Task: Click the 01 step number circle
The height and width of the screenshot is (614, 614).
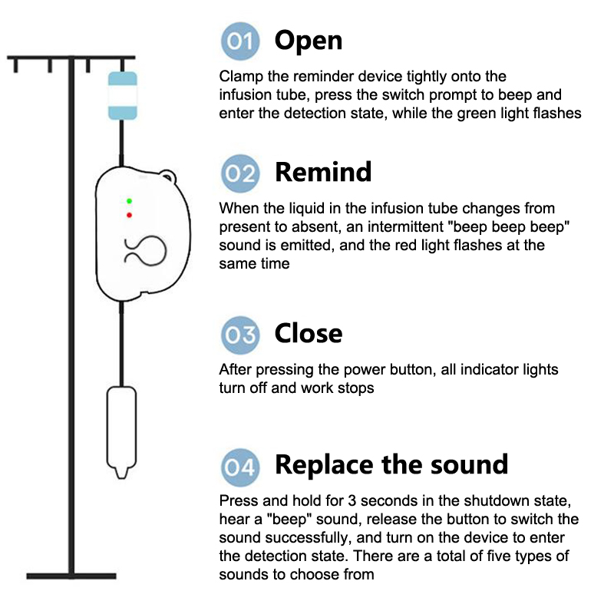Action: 240,41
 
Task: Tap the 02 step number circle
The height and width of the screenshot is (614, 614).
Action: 240,173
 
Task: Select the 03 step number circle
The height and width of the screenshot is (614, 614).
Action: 240,335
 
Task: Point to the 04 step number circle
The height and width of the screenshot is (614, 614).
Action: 240,467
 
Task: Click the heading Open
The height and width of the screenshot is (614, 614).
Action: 309,41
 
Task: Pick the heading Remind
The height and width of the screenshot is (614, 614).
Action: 323,172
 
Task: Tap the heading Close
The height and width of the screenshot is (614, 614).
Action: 309,333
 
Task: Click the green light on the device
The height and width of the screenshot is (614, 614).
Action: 129,201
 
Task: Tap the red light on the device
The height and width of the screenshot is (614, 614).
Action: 129,215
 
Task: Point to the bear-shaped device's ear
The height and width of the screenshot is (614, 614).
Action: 168,177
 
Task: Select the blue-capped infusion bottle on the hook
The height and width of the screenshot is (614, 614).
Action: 123,95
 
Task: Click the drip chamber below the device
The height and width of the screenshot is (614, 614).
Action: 121,432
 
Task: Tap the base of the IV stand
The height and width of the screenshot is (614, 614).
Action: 71,576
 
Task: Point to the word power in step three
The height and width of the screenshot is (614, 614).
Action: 361,371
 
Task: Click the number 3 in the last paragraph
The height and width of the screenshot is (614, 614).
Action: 352,501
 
